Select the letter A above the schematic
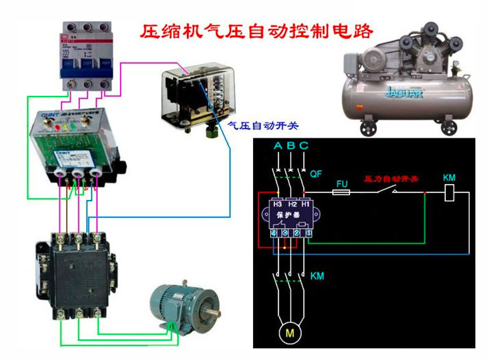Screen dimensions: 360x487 tap(278, 146)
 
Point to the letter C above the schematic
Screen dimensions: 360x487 tap(304, 146)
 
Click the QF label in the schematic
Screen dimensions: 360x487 tap(315, 174)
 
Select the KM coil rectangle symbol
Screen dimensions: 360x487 tap(449, 194)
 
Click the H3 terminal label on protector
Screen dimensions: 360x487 tap(278, 204)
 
